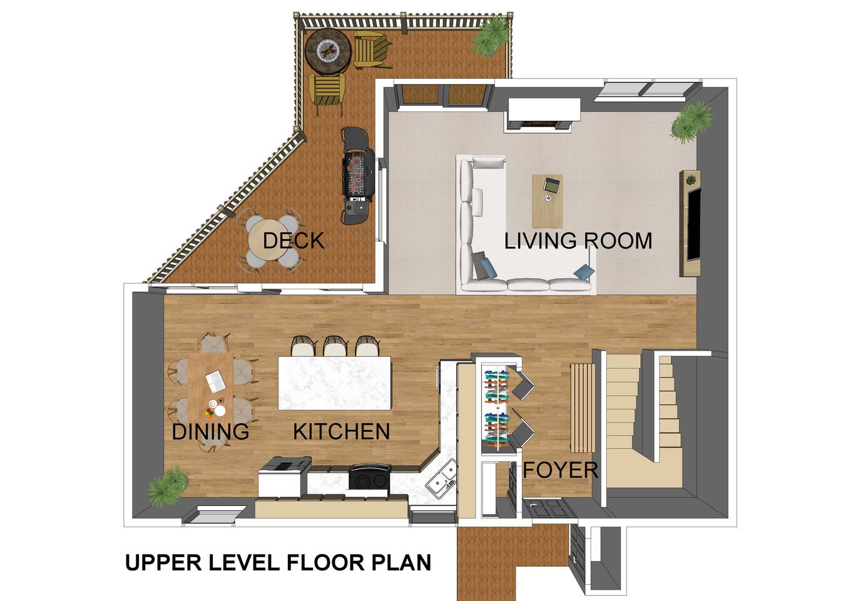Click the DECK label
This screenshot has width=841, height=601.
click(293, 240)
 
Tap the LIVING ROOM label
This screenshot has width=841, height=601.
click(578, 241)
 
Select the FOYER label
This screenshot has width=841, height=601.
click(560, 470)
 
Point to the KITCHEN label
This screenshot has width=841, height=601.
click(341, 431)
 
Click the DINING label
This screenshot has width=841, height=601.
click(210, 431)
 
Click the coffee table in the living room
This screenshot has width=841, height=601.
click(548, 201)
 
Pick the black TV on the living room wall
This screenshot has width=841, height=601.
click(694, 224)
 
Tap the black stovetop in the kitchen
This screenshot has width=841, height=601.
click(370, 478)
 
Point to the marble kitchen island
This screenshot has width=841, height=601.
click(335, 383)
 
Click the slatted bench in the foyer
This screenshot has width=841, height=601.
click(583, 408)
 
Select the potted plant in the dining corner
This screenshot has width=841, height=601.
click(168, 486)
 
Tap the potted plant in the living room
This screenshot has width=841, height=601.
click(691, 122)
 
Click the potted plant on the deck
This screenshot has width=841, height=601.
click(491, 36)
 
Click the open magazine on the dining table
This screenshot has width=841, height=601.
click(215, 381)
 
